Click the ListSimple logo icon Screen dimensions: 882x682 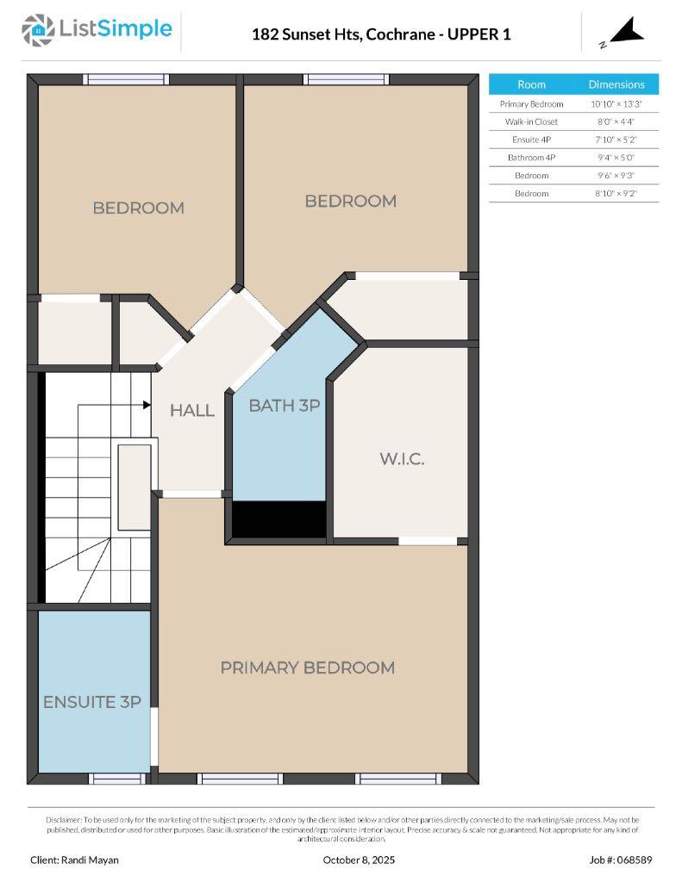[37, 30]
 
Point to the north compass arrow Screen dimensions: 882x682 [628, 33]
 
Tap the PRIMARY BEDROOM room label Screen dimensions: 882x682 [307, 668]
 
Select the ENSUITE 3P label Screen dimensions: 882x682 [92, 702]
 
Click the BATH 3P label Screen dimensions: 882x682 [285, 406]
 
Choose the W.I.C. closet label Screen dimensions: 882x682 [402, 458]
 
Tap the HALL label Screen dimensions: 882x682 [191, 411]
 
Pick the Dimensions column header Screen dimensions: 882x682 [616, 84]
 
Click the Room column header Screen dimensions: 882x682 [531, 84]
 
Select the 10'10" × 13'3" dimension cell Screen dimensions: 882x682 [616, 103]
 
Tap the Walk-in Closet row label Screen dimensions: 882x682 [531, 121]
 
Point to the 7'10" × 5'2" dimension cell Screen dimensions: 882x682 [616, 140]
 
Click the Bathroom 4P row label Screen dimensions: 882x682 [531, 158]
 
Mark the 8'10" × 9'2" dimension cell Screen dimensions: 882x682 [616, 194]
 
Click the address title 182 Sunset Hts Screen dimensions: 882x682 [380, 34]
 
